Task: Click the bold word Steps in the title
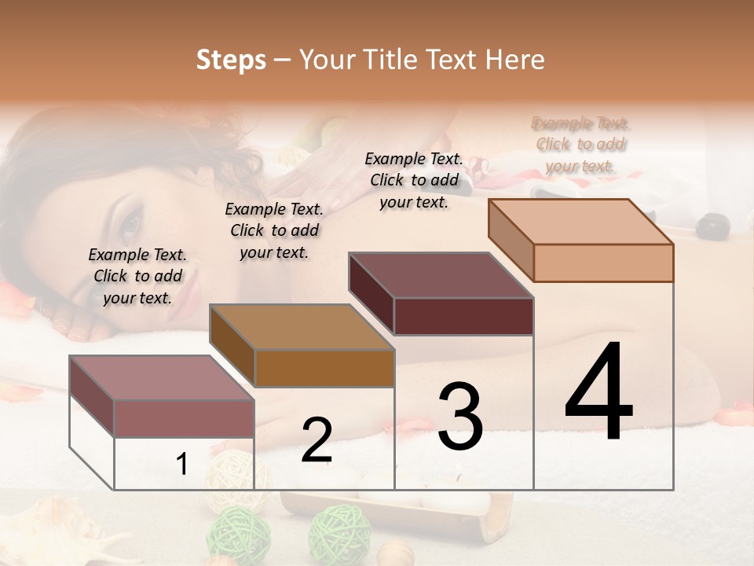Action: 231,60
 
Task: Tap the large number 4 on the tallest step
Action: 598,393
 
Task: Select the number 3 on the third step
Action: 460,417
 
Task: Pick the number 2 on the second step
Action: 317,440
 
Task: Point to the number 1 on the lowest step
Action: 182,464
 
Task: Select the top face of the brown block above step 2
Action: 302,327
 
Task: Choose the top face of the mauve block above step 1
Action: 162,378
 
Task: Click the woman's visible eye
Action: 130,224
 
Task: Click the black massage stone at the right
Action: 713,226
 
